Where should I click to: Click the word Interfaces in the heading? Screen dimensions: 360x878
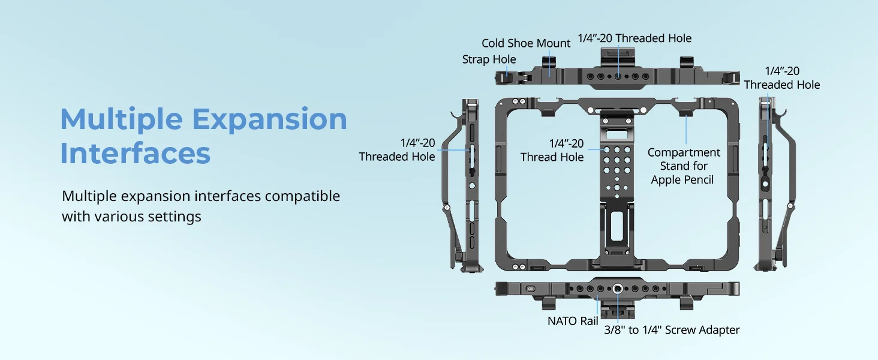point(135,153)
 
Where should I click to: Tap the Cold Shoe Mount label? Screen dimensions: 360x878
point(526,43)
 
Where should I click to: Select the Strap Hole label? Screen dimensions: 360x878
point(489,59)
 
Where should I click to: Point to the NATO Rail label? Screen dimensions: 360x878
point(572,321)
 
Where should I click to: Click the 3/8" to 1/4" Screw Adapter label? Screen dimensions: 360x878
point(672,330)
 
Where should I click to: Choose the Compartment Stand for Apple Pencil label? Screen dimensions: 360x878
point(683,166)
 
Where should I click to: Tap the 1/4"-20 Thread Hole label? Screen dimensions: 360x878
point(552,150)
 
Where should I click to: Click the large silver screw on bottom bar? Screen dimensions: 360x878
point(617,289)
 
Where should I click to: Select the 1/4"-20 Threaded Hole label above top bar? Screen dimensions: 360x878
point(635,38)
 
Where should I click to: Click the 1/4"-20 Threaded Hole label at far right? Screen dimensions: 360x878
point(781,78)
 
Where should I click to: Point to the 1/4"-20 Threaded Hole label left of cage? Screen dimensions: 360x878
point(397,150)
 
